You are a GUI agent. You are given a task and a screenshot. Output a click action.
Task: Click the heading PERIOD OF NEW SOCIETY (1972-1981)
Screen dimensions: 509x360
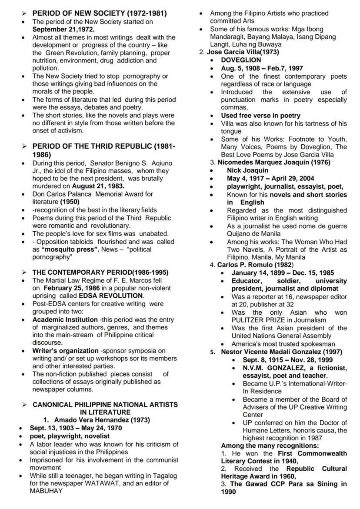coord(99,13)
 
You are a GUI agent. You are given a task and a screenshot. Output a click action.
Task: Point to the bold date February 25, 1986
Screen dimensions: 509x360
coord(72,288)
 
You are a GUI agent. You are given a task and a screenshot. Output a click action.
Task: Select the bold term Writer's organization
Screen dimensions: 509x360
coord(65,350)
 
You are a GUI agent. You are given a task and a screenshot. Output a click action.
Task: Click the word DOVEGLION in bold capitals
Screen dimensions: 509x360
coord(241,60)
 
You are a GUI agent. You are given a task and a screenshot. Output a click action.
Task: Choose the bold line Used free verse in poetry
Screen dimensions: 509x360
coord(260,116)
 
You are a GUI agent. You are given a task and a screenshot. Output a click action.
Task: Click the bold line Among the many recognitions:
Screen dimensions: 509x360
coord(270,446)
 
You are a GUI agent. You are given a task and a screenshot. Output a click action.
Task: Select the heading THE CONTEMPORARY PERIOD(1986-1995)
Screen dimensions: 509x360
coord(100,273)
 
